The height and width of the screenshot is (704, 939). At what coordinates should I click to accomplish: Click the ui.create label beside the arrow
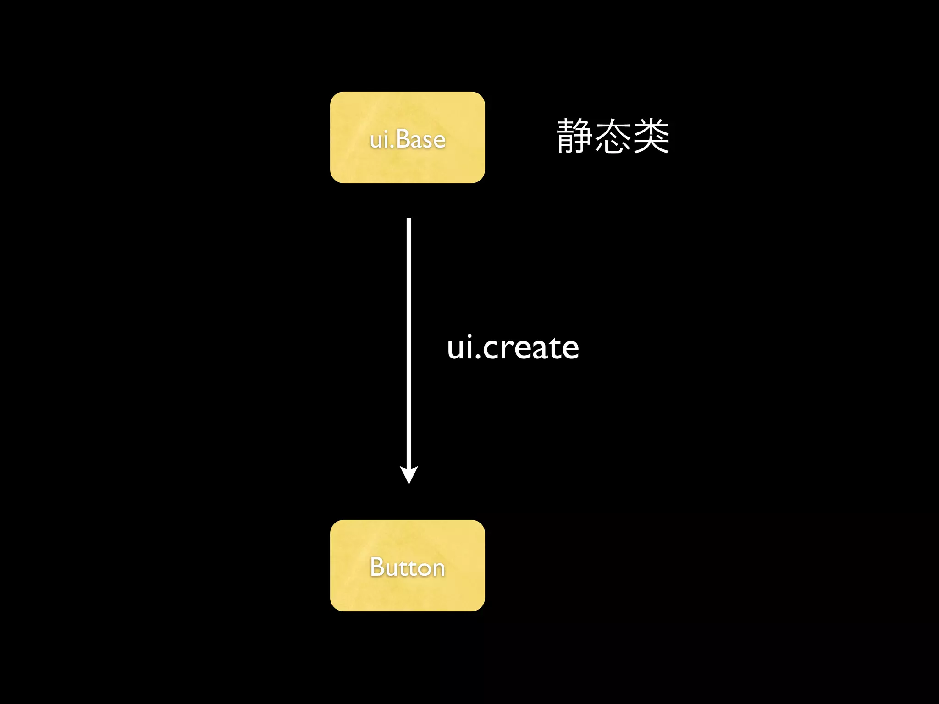point(513,348)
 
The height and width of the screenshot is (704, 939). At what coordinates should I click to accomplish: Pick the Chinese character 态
point(613,136)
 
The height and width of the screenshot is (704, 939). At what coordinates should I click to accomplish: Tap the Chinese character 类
point(651,136)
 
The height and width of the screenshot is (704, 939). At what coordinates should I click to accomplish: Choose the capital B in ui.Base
point(403,139)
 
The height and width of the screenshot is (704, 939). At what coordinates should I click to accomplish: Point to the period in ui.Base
point(392,147)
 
